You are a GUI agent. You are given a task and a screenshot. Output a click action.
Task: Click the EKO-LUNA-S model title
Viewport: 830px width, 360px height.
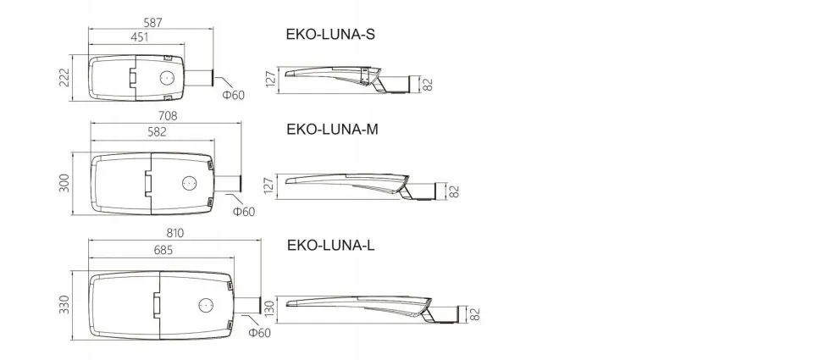tap(330, 35)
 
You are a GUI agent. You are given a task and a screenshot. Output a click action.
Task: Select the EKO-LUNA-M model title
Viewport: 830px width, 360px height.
tap(332, 130)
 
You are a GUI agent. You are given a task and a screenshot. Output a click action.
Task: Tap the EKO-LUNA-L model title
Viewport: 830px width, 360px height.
tap(331, 246)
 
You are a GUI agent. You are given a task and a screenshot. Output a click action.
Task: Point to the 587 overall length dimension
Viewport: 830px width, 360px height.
tap(152, 23)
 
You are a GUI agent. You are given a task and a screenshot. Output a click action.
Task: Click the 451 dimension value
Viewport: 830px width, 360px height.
tap(139, 37)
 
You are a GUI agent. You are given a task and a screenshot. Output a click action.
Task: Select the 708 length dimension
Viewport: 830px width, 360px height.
tap(168, 116)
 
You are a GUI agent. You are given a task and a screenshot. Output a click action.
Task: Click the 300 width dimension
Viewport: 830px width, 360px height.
tap(64, 183)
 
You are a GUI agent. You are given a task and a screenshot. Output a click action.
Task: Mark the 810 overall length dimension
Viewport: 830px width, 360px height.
tap(174, 234)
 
